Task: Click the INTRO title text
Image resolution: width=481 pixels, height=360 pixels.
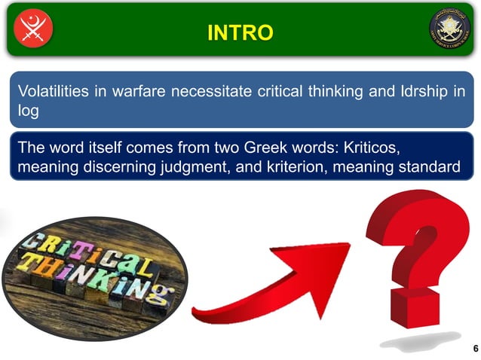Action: point(240,32)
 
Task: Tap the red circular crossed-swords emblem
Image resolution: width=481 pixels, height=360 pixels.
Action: point(33,29)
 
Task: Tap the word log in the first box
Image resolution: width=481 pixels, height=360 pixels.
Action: point(27,111)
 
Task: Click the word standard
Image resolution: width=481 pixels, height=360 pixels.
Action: point(430,166)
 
